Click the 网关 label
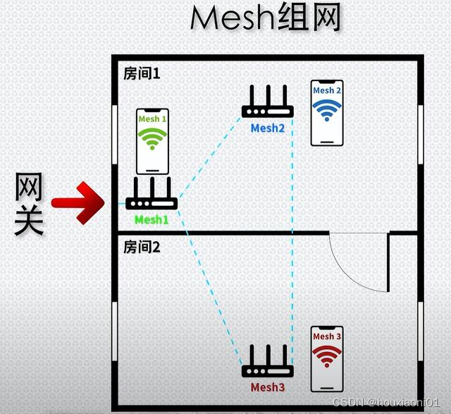click(30, 205)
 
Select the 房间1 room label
click(141, 74)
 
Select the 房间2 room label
click(142, 247)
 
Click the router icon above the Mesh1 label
click(152, 194)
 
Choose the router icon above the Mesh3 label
click(268, 363)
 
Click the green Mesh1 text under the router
click(152, 220)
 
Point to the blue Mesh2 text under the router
click(268, 128)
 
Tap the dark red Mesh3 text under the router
click(268, 387)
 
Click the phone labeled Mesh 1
click(152, 141)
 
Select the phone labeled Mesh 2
click(327, 112)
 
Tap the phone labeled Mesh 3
click(326, 359)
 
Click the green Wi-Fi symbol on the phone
click(152, 140)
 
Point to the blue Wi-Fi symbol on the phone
click(327, 109)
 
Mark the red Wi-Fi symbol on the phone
click(326, 357)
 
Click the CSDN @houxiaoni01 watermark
click(389, 401)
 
